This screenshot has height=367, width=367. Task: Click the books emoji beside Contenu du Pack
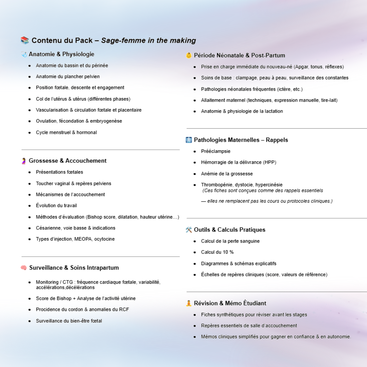coord(24,40)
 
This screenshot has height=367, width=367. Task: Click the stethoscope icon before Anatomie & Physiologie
coord(23,54)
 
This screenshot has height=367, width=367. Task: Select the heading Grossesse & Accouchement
coord(68,161)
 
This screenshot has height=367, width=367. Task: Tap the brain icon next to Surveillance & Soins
coord(23,268)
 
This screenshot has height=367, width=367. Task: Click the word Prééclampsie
coord(215,151)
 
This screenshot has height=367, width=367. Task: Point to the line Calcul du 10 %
coord(217,252)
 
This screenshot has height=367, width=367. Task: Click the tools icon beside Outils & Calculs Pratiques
coord(189,230)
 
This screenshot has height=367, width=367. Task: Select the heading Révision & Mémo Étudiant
coord(230,303)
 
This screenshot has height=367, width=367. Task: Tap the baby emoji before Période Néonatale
coord(189,55)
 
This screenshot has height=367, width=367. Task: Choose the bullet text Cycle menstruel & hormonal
coord(66,133)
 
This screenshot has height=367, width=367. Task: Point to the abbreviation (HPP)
coord(269,162)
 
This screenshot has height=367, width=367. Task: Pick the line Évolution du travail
coord(56,206)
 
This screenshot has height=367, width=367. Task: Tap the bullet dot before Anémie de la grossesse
coord(195,174)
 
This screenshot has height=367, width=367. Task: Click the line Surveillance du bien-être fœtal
coord(69,321)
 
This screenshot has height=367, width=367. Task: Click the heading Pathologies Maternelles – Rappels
coord(241,140)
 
